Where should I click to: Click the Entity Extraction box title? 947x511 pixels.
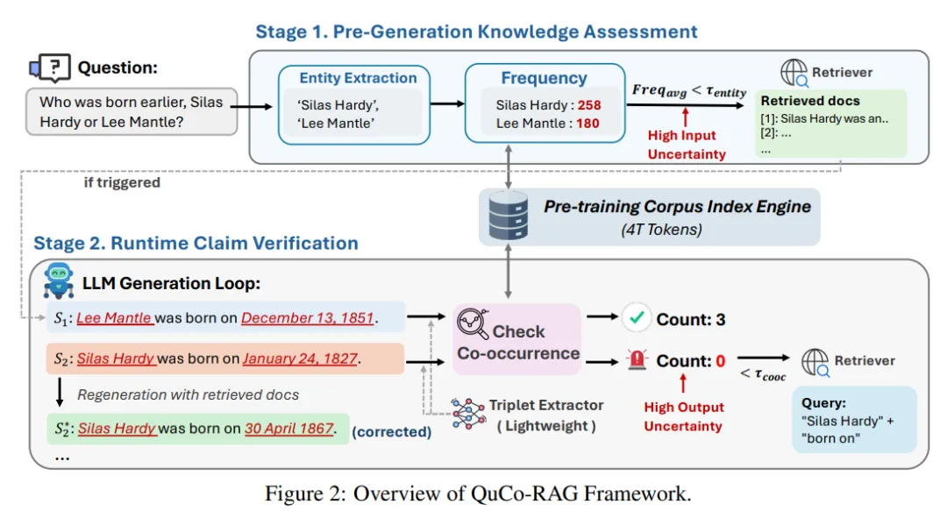pos(358,78)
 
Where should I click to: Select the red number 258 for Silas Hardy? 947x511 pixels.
pos(589,105)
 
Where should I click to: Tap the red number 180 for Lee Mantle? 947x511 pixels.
pos(587,124)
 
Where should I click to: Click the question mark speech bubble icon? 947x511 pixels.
pos(50,67)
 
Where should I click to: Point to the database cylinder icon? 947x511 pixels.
pos(508,216)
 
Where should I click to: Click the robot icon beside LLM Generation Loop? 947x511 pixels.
pos(59,280)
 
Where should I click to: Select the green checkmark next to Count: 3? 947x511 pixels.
pos(637,317)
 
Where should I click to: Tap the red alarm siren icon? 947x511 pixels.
pos(637,359)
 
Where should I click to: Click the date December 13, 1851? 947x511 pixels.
pos(308,318)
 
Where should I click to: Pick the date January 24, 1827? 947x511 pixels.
pos(300,358)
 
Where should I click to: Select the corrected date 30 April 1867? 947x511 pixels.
pos(289,429)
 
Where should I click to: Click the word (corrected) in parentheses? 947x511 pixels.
pos(391,432)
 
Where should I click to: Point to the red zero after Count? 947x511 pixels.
pos(720,361)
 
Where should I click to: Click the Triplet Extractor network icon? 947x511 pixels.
pos(467,414)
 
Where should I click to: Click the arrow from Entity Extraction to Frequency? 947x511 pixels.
pos(447,104)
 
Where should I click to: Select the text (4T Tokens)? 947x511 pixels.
pos(661,230)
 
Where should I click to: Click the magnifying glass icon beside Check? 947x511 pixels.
pos(473,323)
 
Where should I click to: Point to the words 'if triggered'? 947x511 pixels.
pos(122,182)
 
